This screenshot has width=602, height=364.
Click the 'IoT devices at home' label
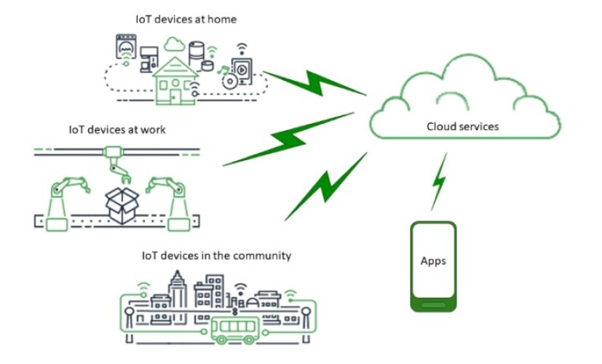tap(186, 19)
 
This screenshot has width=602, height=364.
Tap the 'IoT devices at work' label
tap(117, 130)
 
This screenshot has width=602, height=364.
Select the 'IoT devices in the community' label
tap(216, 256)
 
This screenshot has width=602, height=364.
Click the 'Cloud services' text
tap(463, 127)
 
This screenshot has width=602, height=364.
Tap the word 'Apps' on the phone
tap(433, 261)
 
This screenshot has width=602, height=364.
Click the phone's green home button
tap(433, 305)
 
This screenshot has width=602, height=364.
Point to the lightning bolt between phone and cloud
tap(439, 181)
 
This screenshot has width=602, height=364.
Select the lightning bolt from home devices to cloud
tap(314, 83)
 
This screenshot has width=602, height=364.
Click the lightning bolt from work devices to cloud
tap(288, 139)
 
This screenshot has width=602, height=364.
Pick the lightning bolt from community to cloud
tap(326, 186)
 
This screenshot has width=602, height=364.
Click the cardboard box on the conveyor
tap(122, 205)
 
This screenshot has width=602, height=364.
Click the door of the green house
tap(175, 95)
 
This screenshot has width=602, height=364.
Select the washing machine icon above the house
tap(126, 47)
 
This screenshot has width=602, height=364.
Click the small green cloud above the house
tap(175, 44)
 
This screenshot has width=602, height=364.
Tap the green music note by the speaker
tap(223, 71)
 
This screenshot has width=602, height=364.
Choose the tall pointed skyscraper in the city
tap(177, 289)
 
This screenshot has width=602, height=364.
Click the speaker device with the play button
tap(242, 71)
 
